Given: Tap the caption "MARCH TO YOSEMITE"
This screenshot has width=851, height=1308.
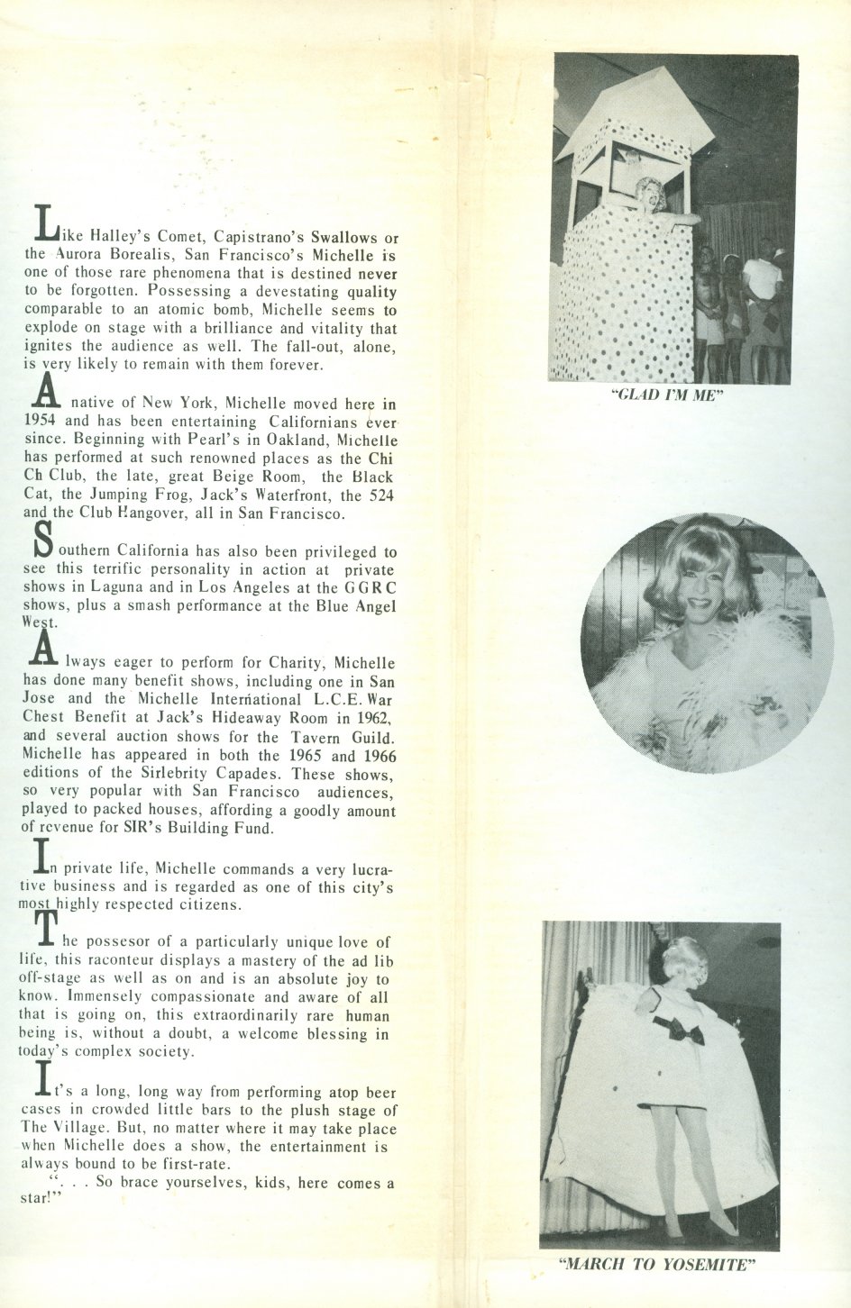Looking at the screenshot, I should pyautogui.click(x=655, y=1264).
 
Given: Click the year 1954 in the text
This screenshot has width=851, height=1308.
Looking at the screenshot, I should pyautogui.click(x=41, y=422).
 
